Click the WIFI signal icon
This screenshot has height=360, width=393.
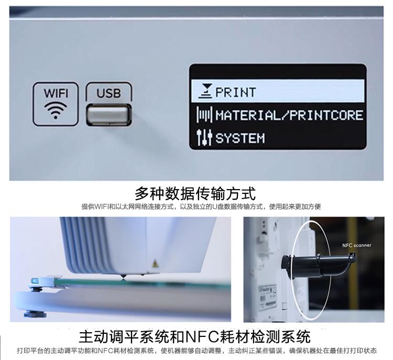pos(56,111)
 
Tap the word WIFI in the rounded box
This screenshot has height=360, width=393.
pos(56,93)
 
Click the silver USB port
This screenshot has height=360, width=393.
pos(109,115)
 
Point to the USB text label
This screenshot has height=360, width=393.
pos(108,93)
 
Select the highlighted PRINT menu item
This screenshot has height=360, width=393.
pos(278,91)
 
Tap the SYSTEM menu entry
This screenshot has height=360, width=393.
pos(240,138)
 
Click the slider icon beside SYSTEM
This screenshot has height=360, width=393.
pos(204,137)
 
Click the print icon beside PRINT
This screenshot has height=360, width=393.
pos(205,91)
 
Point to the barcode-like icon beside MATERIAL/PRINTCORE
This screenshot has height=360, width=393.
pos(204,115)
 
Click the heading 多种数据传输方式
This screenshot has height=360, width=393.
pos(195,193)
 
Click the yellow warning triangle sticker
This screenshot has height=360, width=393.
pos(155,264)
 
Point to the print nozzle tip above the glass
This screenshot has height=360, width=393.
pos(123,277)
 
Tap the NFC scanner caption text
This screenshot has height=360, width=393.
pos(357,245)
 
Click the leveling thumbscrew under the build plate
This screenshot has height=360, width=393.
pos(35,313)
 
